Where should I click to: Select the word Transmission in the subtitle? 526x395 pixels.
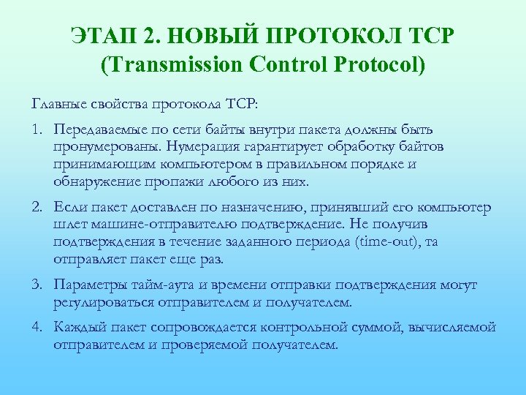[175, 64]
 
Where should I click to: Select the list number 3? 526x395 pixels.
[36, 285]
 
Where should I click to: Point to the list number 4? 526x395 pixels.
[36, 327]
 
